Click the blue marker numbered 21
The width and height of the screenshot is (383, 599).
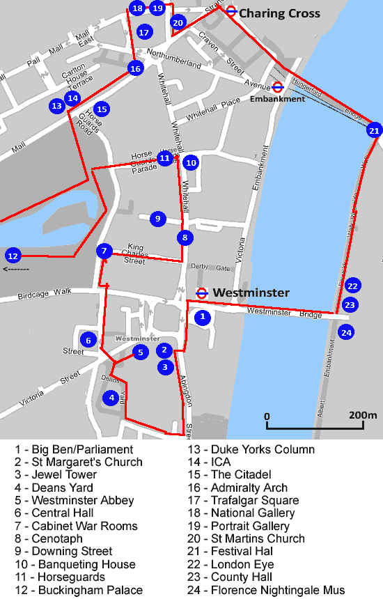pyautogui.click(x=375, y=130)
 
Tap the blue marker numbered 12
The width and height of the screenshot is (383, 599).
pyautogui.click(x=12, y=255)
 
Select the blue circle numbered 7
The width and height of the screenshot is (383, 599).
pyautogui.click(x=104, y=251)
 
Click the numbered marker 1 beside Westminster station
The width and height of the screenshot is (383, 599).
pyautogui.click(x=202, y=318)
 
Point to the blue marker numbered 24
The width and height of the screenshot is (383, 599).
pyautogui.click(x=346, y=332)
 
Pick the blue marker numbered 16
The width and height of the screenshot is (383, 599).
pyautogui.click(x=135, y=68)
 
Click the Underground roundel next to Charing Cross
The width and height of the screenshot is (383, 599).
pyautogui.click(x=231, y=11)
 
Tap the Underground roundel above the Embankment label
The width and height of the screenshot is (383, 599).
pyautogui.click(x=277, y=87)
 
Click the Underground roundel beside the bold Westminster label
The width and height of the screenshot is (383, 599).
pyautogui.click(x=202, y=293)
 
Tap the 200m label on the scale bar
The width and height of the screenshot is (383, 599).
pyautogui.click(x=363, y=416)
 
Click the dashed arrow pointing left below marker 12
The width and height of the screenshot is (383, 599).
pyautogui.click(x=16, y=269)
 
